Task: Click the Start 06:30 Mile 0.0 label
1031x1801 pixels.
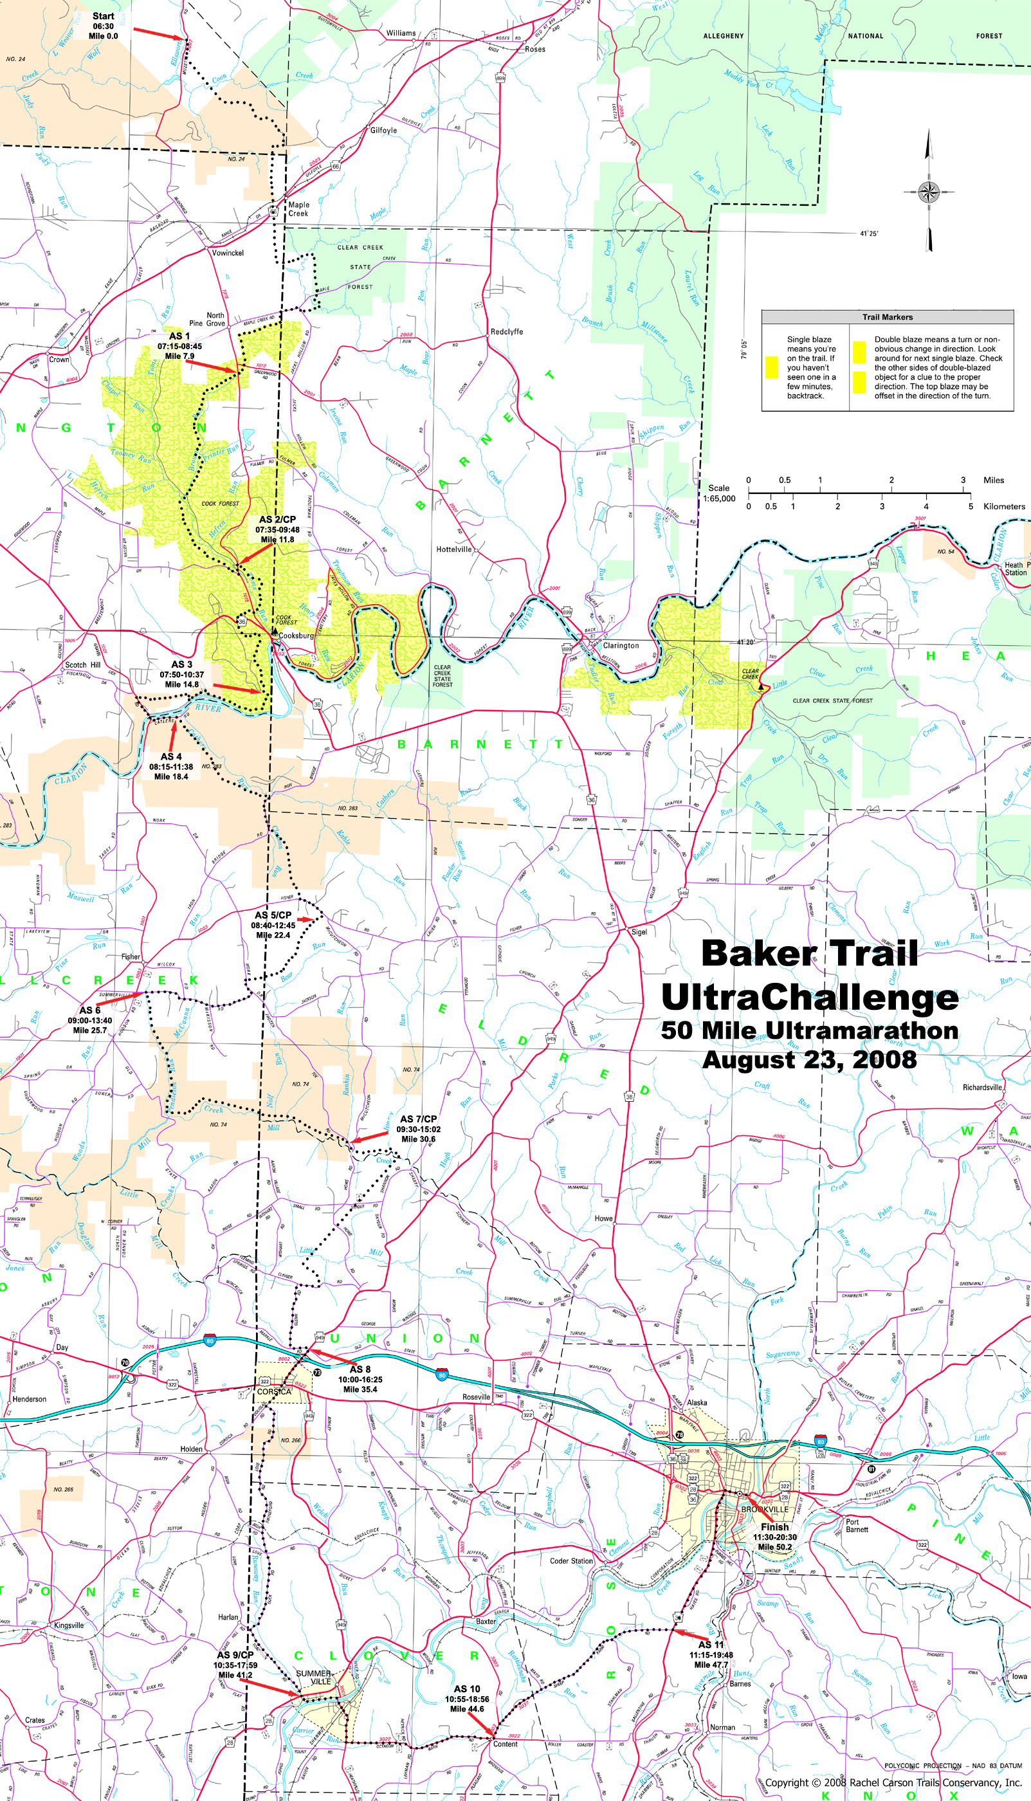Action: pos(103,26)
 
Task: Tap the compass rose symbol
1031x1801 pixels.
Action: pos(927,190)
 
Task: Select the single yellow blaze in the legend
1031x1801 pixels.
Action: pos(772,367)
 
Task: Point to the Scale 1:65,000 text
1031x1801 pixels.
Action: pos(722,493)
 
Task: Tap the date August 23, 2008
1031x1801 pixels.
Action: pos(808,1060)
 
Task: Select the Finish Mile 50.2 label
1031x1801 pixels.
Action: pos(774,1537)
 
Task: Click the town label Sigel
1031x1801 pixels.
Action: pos(639,931)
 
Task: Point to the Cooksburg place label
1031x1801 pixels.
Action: pos(295,635)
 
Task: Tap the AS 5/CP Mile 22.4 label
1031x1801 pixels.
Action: pos(273,924)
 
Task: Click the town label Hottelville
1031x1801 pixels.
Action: pos(453,549)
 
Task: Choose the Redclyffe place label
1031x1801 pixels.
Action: pos(506,331)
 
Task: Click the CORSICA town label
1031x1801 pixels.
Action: pos(274,1392)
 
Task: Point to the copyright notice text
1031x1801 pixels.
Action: pos(893,1782)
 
